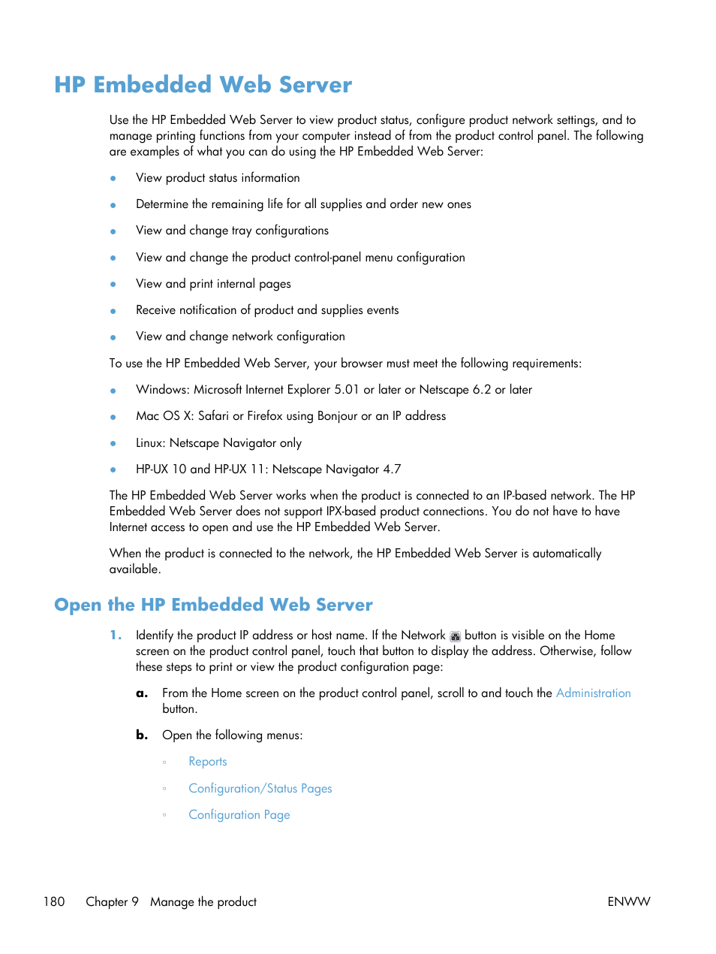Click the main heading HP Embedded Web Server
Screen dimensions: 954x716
[203, 85]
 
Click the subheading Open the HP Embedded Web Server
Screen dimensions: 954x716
[213, 605]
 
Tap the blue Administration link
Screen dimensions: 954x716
[593, 693]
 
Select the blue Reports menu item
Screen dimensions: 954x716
[207, 762]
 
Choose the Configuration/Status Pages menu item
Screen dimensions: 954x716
[260, 789]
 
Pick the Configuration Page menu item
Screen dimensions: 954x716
[239, 815]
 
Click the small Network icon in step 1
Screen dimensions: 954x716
[455, 636]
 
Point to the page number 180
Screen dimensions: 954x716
[54, 901]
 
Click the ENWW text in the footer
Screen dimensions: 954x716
[628, 901]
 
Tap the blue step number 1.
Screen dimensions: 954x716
[115, 635]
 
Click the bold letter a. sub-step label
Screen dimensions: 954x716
[142, 693]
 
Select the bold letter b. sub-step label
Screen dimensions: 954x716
[142, 735]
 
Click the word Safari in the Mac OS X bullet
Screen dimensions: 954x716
[213, 416]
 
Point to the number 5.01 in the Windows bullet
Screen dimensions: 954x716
[347, 390]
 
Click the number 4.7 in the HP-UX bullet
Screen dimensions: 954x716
[392, 469]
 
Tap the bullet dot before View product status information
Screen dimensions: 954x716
[113, 179]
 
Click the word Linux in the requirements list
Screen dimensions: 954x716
[149, 443]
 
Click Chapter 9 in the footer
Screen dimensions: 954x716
[112, 901]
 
